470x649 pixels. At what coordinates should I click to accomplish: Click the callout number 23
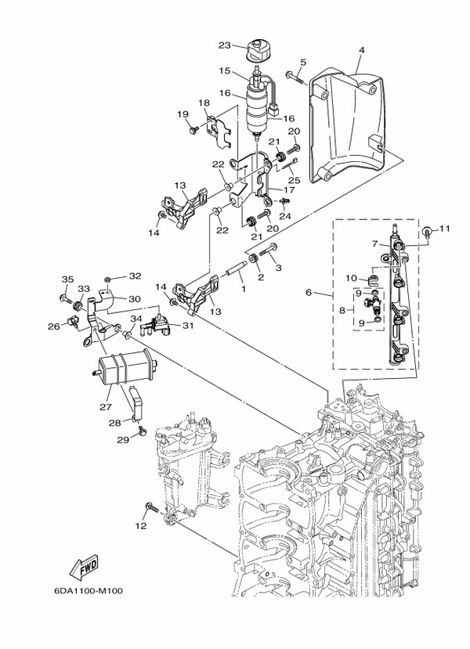tap(223, 45)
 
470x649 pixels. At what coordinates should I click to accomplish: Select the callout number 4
tap(361, 51)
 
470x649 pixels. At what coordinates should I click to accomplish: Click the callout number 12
tap(141, 526)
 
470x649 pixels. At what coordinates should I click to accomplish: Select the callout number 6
tap(309, 292)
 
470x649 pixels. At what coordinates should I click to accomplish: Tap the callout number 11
tap(445, 229)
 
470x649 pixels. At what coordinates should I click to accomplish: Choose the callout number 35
tap(67, 279)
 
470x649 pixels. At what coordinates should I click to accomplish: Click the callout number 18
tap(204, 103)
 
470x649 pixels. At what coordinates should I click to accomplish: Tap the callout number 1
tap(243, 289)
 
